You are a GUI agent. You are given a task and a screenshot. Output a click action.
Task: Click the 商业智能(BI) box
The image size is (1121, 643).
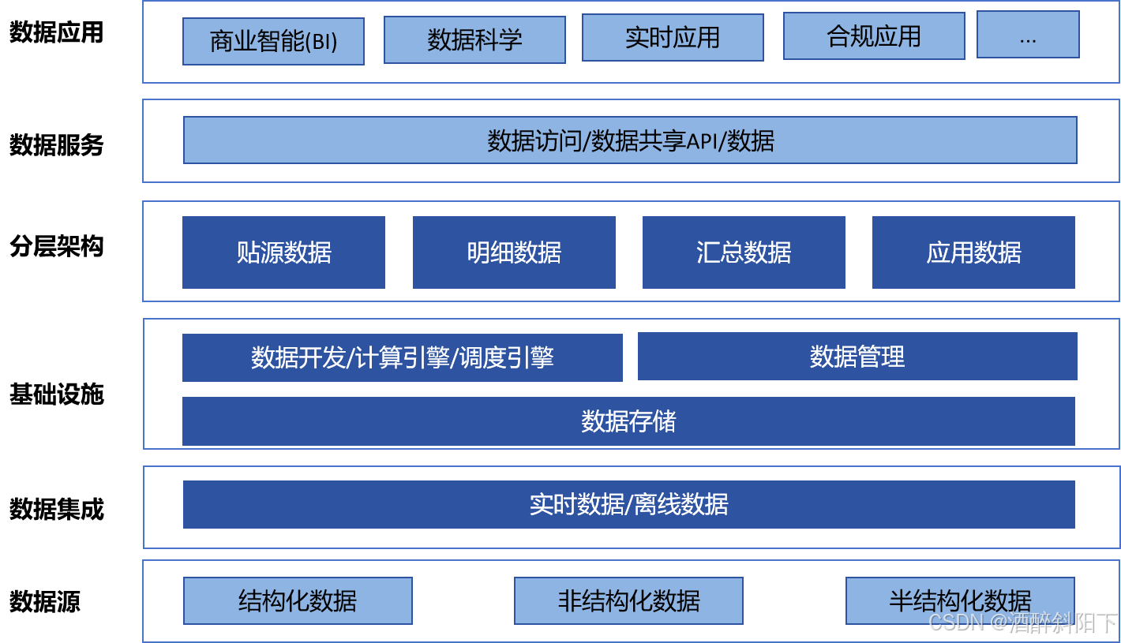[273, 41]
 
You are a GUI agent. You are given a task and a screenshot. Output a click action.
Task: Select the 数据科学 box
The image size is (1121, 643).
[474, 39]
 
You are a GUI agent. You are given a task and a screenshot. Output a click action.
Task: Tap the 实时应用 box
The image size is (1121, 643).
[673, 37]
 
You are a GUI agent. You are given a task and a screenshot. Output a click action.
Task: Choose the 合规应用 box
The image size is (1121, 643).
[874, 36]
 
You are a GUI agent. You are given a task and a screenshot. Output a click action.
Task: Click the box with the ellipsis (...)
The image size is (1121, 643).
[1028, 34]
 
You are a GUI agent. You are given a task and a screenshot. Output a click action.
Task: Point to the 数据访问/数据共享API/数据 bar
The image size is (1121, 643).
[630, 140]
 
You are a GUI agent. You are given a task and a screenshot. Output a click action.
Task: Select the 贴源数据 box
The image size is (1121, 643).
[283, 252]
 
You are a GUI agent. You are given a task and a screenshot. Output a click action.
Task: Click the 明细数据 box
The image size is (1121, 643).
[514, 252]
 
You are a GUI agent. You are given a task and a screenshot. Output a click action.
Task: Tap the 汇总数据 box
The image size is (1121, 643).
[744, 252]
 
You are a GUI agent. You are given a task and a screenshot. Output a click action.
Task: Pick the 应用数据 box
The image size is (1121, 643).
[973, 252]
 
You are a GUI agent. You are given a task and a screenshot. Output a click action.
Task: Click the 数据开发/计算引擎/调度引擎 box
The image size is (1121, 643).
[403, 357]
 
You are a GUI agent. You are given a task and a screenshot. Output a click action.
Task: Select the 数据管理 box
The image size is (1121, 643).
[857, 357]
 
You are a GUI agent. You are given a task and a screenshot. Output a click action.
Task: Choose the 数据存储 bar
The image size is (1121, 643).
[628, 421]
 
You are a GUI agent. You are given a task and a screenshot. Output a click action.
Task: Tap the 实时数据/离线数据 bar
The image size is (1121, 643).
[628, 504]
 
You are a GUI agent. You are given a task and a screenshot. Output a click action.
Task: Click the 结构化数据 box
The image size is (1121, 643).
[298, 600]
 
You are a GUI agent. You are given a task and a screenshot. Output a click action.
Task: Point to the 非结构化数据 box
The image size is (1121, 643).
[628, 600]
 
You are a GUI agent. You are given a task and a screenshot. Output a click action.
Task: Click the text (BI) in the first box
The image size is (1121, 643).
[321, 42]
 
